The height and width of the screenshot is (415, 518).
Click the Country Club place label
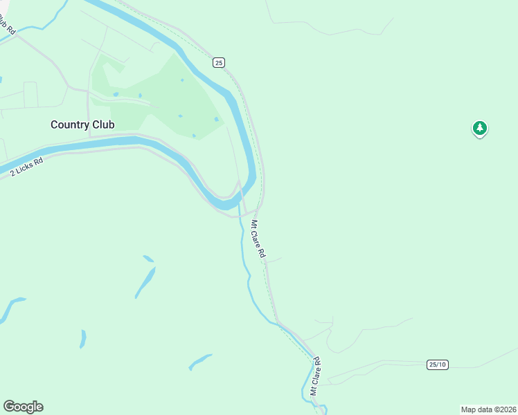[82, 124]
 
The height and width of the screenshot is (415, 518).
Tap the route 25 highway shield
[219, 63]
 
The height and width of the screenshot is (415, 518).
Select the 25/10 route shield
[438, 365]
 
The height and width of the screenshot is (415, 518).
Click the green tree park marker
[479, 128]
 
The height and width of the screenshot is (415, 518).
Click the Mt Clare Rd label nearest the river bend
[258, 239]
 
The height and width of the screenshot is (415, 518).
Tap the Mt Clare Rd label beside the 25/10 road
[316, 376]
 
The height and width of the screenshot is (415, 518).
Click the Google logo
[23, 407]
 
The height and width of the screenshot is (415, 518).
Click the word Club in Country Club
[101, 124]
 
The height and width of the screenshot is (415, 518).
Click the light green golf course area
[166, 97]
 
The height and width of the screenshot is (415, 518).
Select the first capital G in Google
[8, 407]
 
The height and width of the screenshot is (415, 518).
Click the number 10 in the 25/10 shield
[442, 365]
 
